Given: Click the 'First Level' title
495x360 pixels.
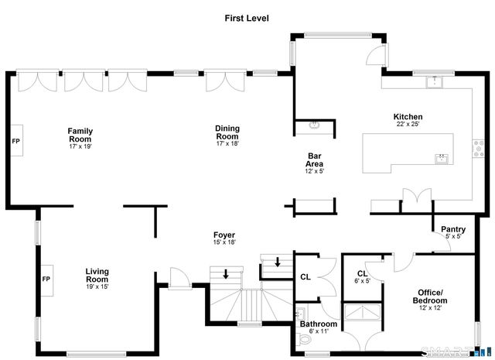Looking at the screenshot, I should click(x=247, y=17).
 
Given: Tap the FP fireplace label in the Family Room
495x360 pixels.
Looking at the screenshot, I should click(x=15, y=142).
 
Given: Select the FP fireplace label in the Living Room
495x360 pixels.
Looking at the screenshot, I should click(x=46, y=279).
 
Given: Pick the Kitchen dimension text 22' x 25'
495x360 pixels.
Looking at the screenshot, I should click(x=408, y=124).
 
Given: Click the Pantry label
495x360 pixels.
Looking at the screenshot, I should click(x=452, y=229).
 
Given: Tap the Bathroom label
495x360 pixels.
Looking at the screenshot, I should click(x=319, y=324).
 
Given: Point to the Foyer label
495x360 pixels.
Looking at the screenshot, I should click(x=224, y=235).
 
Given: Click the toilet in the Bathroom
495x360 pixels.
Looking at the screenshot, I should click(x=302, y=340).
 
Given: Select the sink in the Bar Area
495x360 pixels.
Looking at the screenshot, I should click(x=316, y=125).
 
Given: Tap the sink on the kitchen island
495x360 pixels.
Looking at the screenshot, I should click(x=442, y=158).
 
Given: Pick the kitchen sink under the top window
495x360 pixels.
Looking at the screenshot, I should click(x=434, y=81).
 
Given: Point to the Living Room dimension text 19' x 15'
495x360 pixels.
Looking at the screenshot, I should click(x=97, y=286).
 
